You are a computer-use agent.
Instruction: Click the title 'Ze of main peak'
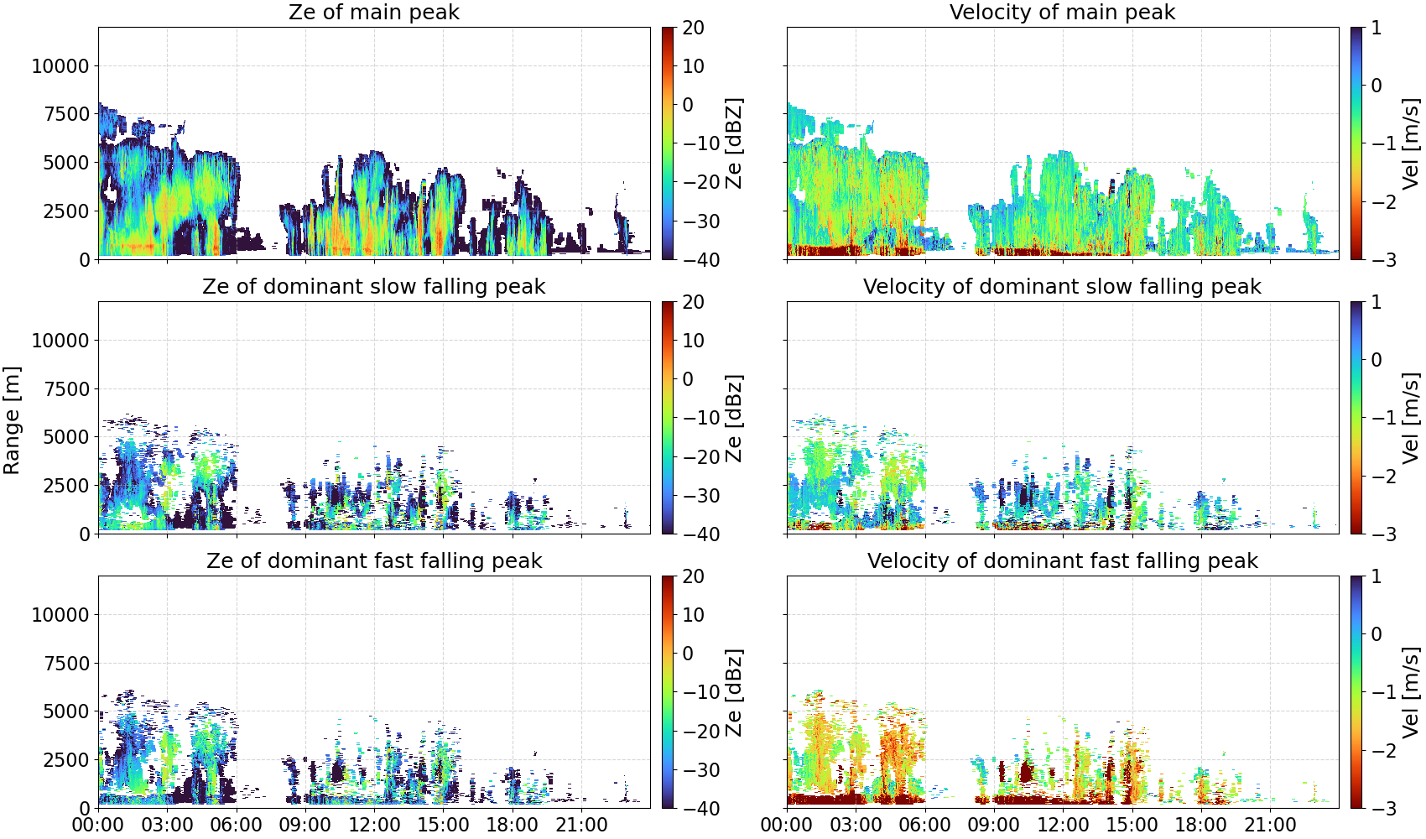373,12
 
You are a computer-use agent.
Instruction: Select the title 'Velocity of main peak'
1063,12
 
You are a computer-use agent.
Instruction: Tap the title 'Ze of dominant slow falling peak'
373,286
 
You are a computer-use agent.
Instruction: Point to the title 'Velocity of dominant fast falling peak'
1063,560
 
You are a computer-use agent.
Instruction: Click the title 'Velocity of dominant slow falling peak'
1063,286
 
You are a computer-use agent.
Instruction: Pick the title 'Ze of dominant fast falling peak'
373,560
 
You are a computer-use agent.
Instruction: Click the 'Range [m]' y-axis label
12,420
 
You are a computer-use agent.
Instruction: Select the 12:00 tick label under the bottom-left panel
374,825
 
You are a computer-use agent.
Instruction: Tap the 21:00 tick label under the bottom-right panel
1270,825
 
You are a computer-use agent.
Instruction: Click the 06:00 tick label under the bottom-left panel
237,825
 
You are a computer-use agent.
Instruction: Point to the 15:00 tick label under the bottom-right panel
1132,825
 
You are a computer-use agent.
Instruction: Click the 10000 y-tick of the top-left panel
60,66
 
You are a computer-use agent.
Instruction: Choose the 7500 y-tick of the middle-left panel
66,389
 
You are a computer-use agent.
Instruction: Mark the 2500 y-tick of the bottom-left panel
66,760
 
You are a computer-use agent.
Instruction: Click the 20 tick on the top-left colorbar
693,28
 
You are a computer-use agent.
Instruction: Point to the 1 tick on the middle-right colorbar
1376,302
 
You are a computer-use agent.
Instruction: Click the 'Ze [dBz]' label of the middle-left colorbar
734,418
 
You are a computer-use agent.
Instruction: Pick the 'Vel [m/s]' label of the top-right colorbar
1410,143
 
